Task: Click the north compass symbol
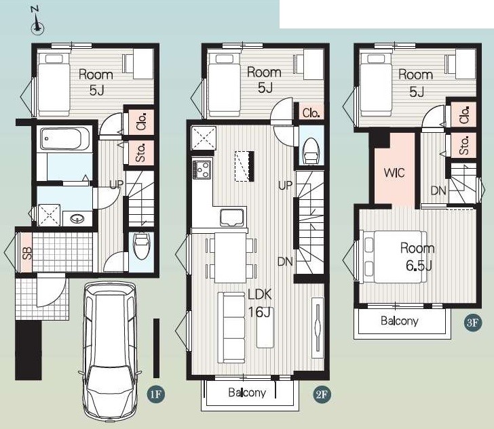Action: point(37,22)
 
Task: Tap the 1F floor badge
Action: point(156,394)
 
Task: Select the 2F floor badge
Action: point(322,394)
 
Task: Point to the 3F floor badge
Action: point(473,323)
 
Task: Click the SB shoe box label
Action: point(27,253)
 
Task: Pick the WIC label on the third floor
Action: point(394,173)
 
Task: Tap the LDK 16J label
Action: point(260,304)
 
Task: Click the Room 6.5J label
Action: point(418,257)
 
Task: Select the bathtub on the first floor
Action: point(64,139)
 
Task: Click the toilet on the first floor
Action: point(141,246)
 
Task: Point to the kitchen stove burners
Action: point(202,169)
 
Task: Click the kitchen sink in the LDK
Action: point(233,218)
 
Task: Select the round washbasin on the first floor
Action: point(77,218)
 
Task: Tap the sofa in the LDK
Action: point(231,327)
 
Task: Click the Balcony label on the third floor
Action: point(400,321)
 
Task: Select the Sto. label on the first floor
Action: point(141,152)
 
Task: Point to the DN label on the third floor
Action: point(438,190)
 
